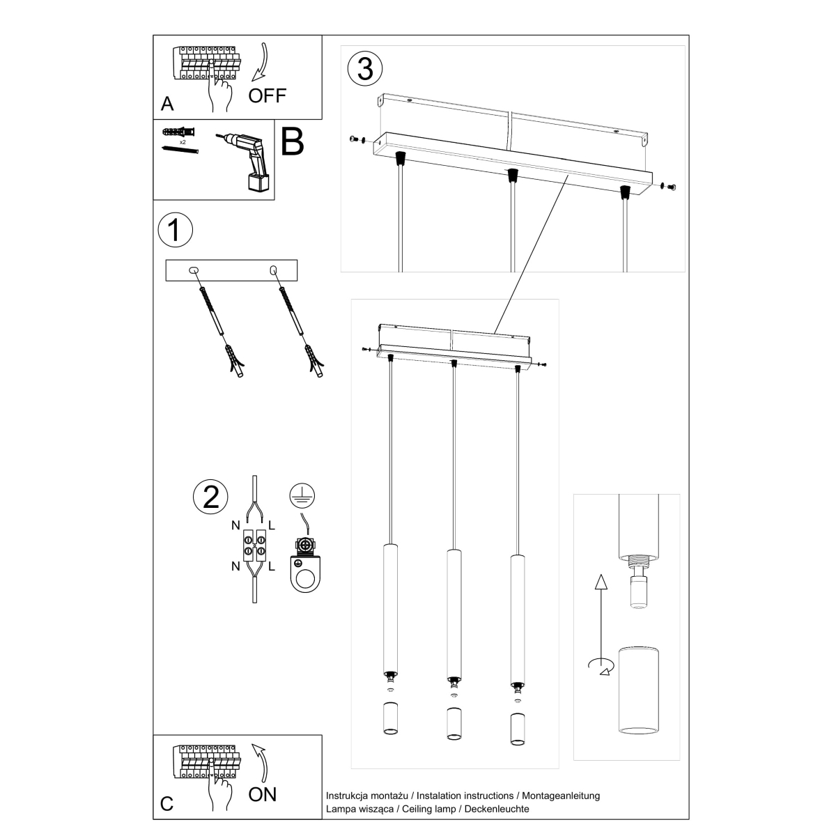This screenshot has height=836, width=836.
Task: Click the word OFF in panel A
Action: tap(268, 95)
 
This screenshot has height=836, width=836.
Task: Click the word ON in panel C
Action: tap(263, 794)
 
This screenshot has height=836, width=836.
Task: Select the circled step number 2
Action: tap(210, 495)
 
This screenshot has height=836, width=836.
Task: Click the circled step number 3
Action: tap(365, 70)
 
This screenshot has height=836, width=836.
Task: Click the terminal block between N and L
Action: tap(255, 545)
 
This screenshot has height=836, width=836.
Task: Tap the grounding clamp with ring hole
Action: tap(304, 568)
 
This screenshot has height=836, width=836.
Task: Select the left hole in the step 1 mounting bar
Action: tap(194, 270)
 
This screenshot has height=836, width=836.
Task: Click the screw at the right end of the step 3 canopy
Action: tap(670, 186)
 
